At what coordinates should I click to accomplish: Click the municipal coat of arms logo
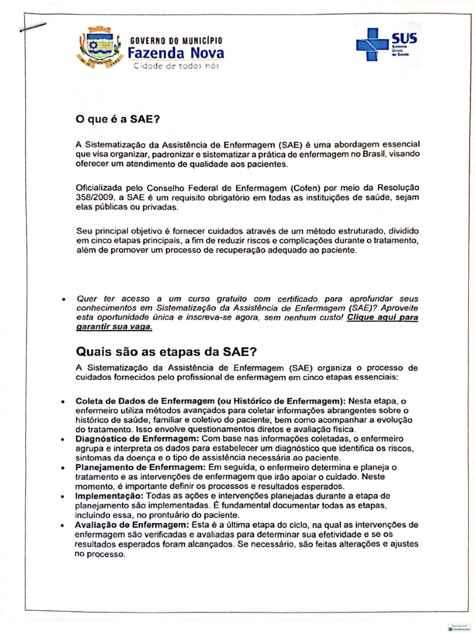[x=100, y=48]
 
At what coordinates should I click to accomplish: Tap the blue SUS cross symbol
[x=372, y=44]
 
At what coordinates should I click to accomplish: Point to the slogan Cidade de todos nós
[x=176, y=66]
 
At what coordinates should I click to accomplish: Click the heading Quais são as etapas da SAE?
[x=166, y=352]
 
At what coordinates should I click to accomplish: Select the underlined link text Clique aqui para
[x=382, y=318]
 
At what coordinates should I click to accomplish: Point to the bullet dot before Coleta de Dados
[x=63, y=401]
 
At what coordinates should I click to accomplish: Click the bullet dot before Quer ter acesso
[x=63, y=299]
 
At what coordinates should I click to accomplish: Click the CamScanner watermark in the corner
[x=459, y=627]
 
